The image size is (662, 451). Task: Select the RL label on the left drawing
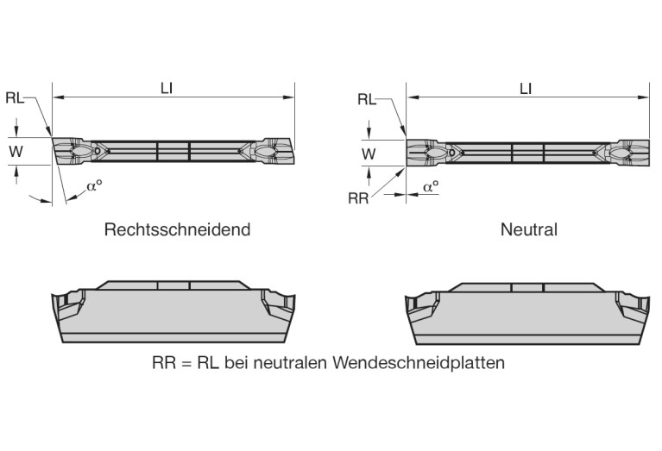15,97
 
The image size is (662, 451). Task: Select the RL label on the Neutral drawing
367,99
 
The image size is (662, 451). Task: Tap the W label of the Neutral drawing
369,154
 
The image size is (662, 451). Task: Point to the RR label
358,198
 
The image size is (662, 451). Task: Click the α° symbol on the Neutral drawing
430,186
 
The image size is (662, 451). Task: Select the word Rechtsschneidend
177,230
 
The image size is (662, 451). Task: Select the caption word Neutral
528,230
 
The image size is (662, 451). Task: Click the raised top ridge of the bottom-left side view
173,285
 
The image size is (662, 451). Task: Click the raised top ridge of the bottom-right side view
527,285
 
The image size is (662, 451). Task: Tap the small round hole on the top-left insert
98,151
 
